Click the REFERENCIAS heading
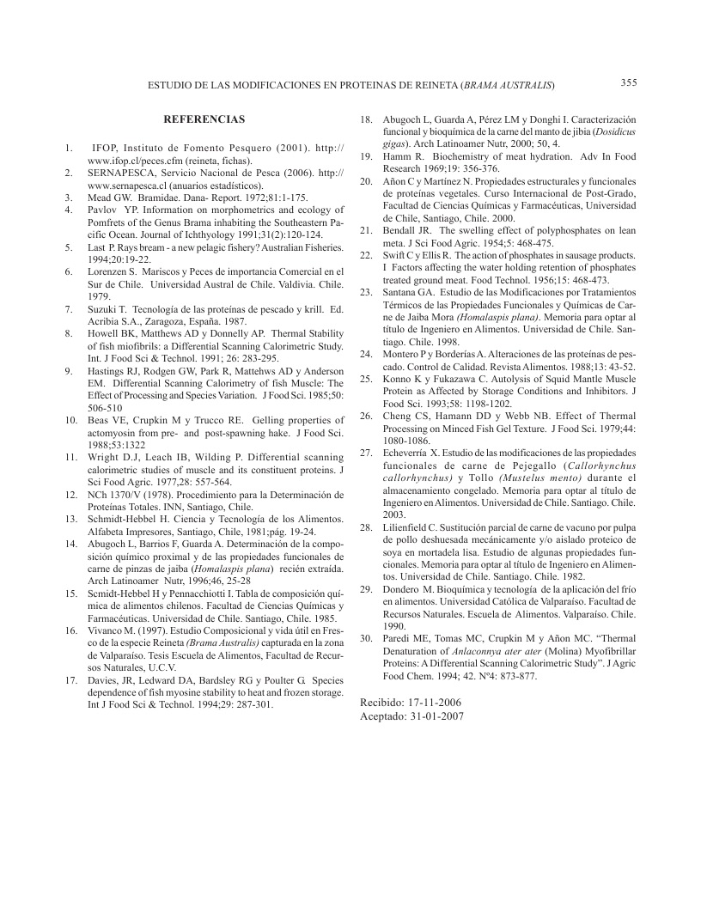pyautogui.click(x=204, y=119)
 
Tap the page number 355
pyautogui.click(x=628, y=83)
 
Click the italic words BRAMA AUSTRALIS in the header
pyautogui.click(x=508, y=85)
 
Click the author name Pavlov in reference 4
pyautogui.click(x=103, y=209)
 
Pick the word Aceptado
pyautogui.click(x=381, y=715)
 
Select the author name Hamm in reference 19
pyautogui.click(x=397, y=156)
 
